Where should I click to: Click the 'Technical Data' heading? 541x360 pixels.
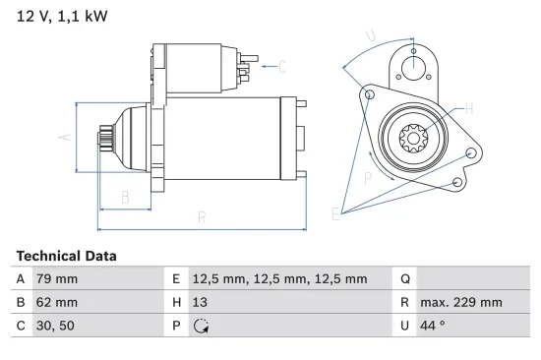point(67,256)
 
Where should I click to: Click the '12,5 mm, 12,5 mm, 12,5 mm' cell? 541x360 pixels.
point(280,279)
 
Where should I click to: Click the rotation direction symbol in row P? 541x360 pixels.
point(203,326)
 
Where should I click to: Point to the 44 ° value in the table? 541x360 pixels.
point(434,326)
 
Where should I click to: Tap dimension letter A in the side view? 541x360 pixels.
point(66,139)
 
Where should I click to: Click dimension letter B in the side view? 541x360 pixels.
point(125,197)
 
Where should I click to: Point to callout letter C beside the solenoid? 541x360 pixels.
point(281,67)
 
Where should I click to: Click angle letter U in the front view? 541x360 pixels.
point(370,37)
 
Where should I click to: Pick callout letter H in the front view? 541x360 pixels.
point(468,108)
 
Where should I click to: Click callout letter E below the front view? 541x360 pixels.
point(336,213)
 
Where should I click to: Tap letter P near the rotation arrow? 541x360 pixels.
point(367,178)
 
